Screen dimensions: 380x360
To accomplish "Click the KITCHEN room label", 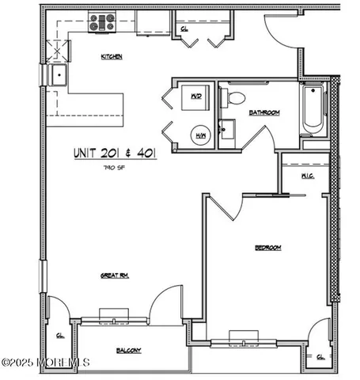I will (x=111, y=56).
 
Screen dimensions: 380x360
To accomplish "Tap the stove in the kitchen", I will (x=101, y=22).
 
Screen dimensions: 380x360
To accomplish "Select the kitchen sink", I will (x=58, y=76).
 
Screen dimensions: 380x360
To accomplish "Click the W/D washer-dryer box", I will (x=195, y=99).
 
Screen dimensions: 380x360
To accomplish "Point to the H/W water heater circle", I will (x=201, y=135).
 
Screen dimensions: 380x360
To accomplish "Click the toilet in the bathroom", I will (x=235, y=98).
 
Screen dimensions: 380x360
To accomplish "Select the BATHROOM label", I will (x=264, y=113).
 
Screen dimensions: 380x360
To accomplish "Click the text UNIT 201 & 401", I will (x=114, y=153).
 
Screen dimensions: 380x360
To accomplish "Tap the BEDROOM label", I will (x=267, y=248).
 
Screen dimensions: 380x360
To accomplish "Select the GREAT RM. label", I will (x=114, y=275).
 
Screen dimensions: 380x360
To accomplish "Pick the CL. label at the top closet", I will (x=184, y=28).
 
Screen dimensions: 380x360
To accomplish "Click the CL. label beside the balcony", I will (x=60, y=335).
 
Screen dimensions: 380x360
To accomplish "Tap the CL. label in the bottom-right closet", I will (x=320, y=357).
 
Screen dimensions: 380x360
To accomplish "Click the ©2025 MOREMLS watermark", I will (x=45, y=363).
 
